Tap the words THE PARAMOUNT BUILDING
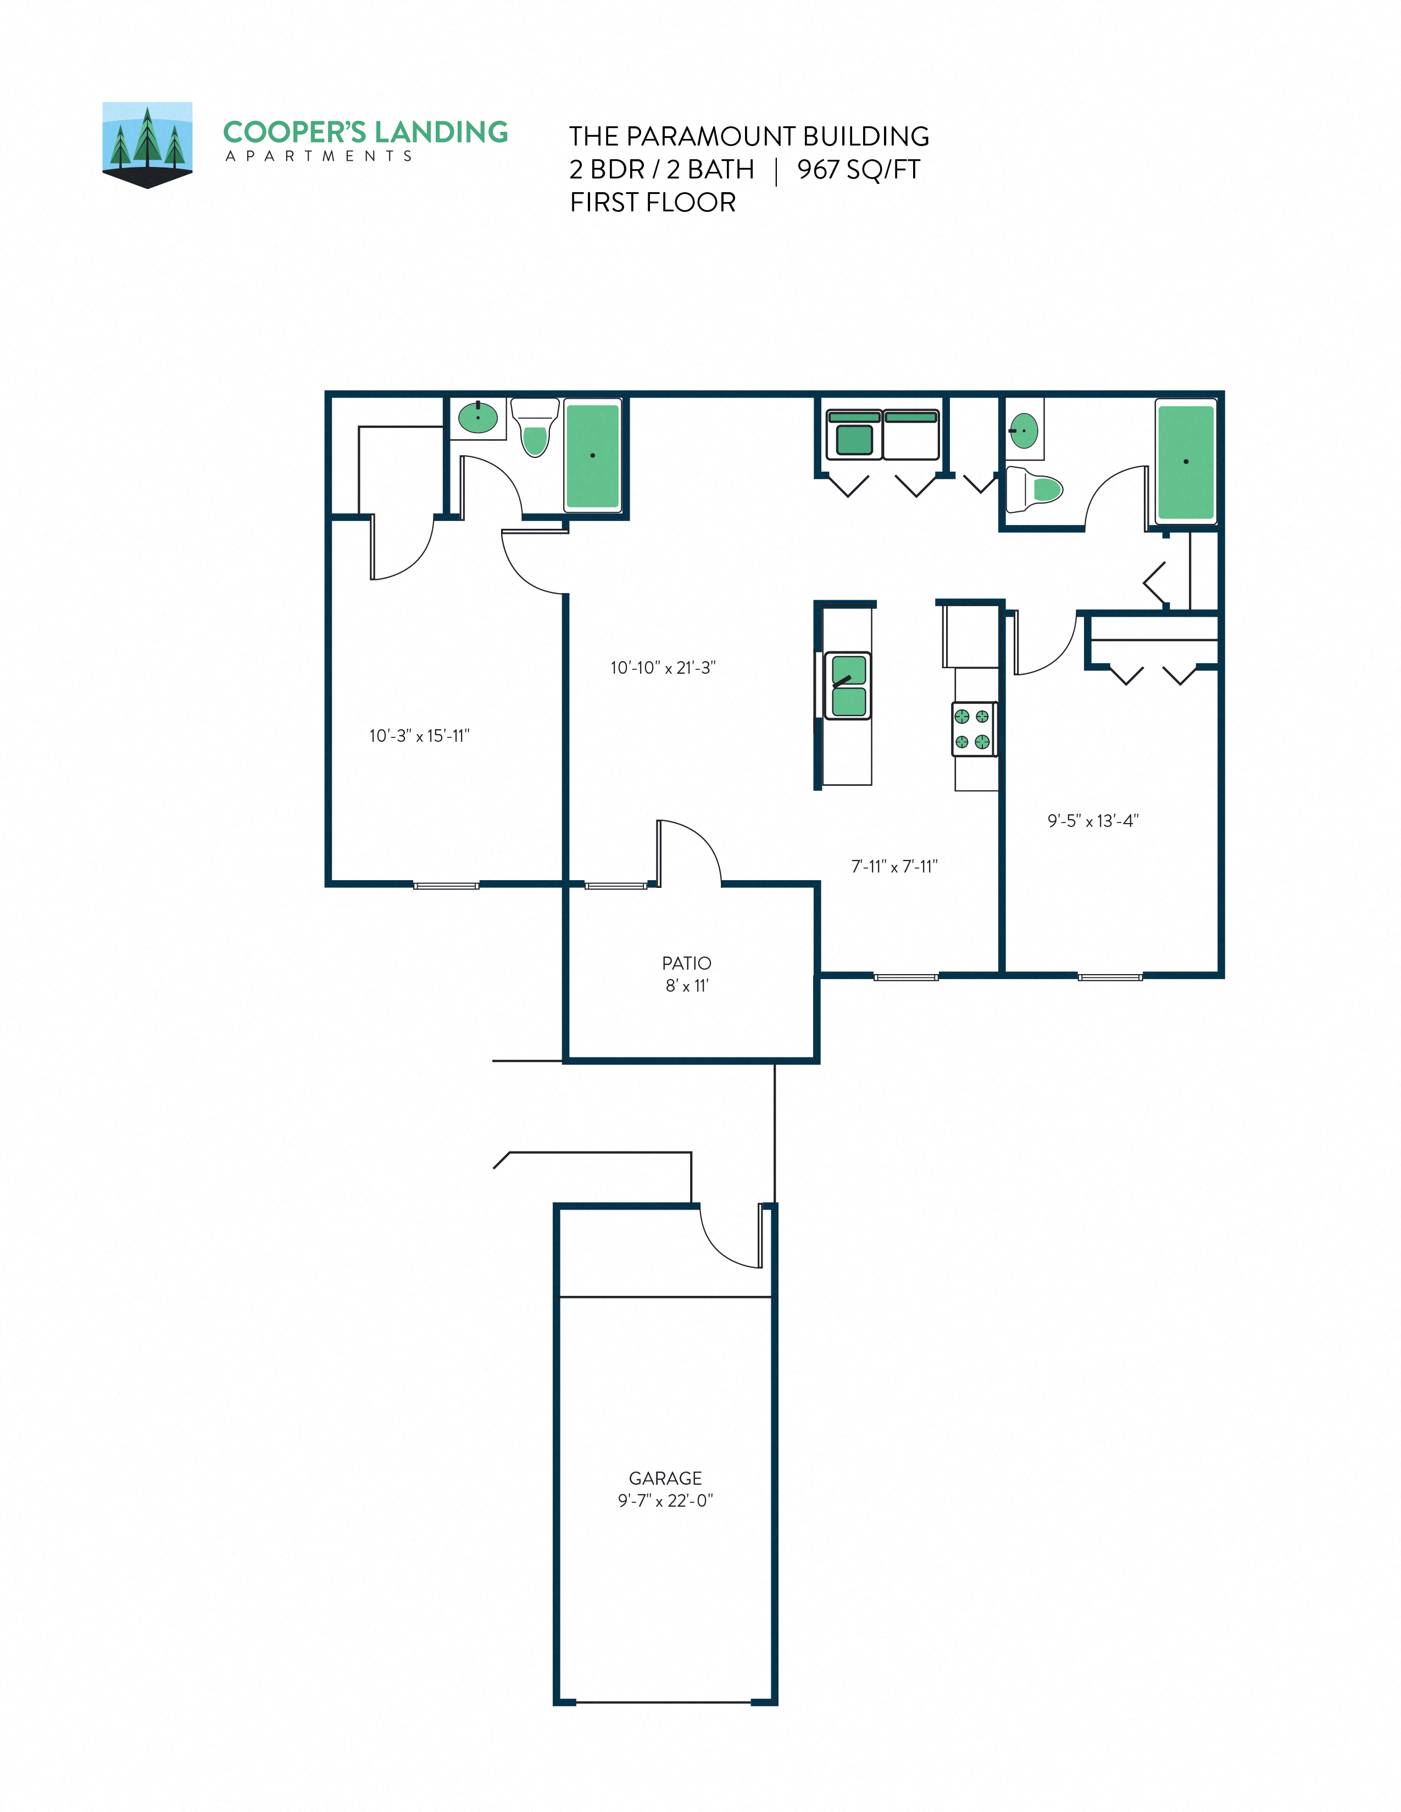[x=749, y=136]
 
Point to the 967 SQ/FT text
[x=858, y=169]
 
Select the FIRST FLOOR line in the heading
[x=652, y=203]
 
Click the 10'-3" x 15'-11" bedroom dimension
[x=419, y=736]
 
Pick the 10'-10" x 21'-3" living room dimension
[x=663, y=668]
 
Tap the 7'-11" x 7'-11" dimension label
[x=894, y=866]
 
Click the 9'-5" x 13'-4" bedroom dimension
[x=1092, y=820]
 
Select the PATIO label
[x=686, y=963]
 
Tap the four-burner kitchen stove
[x=972, y=729]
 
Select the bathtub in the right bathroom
[x=1185, y=461]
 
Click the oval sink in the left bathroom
[x=478, y=417]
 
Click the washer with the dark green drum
[x=854, y=435]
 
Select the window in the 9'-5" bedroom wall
[x=1110, y=976]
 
